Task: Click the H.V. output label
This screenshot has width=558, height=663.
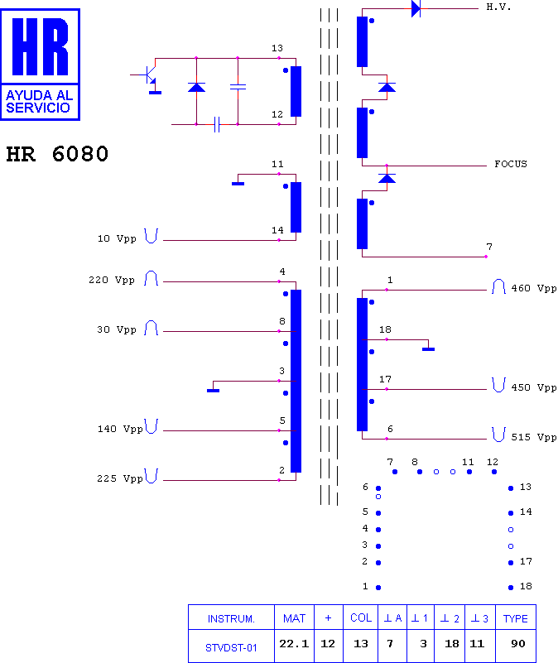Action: click(x=498, y=7)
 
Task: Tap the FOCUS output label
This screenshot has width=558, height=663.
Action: click(x=511, y=164)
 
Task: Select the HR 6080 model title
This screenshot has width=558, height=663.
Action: click(x=57, y=154)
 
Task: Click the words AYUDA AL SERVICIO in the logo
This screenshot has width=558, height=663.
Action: click(x=39, y=102)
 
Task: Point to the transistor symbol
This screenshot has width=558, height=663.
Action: click(x=149, y=75)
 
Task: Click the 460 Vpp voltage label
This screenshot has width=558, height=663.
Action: click(x=534, y=288)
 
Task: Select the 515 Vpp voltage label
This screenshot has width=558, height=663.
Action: click(x=534, y=437)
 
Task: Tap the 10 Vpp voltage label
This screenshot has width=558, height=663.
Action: click(x=117, y=238)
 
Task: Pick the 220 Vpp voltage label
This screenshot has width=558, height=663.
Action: click(x=112, y=280)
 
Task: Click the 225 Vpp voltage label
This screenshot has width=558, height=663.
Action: click(x=120, y=478)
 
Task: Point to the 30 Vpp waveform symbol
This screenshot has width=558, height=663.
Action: click(x=151, y=328)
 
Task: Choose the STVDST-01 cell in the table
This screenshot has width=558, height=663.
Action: click(x=231, y=648)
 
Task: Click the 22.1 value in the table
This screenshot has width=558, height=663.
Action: click(x=294, y=644)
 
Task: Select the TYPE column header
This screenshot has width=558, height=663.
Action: click(x=515, y=618)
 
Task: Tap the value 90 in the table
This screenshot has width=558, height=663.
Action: click(x=517, y=644)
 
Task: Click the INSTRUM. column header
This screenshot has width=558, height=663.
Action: click(x=231, y=619)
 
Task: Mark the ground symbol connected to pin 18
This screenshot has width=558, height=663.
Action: click(x=429, y=348)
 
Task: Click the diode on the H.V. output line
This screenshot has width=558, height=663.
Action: click(x=416, y=8)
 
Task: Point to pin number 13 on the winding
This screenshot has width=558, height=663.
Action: click(x=277, y=48)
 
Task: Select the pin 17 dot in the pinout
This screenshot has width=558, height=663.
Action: click(x=511, y=563)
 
